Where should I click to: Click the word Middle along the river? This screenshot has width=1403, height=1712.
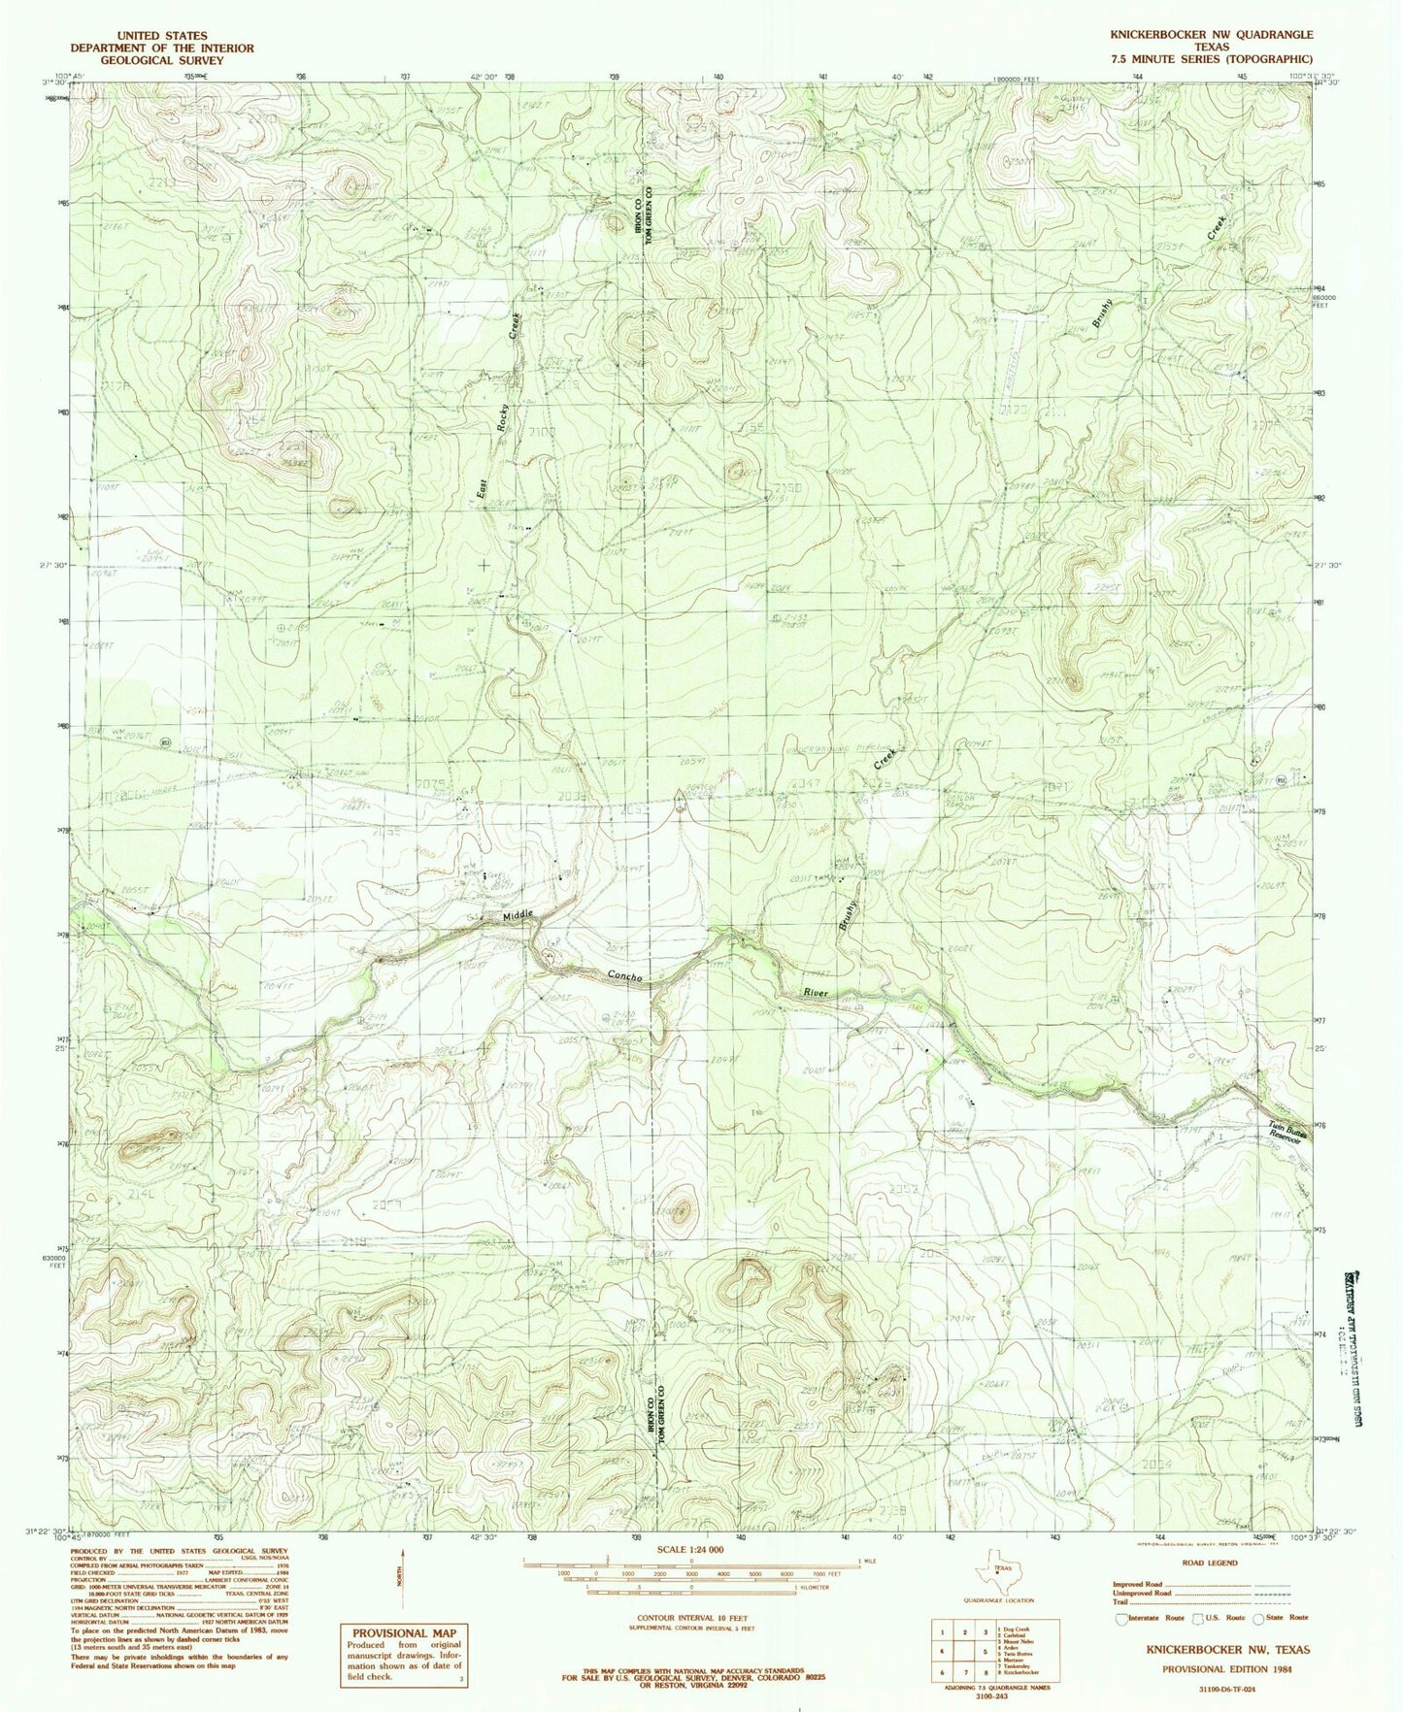[x=518, y=916]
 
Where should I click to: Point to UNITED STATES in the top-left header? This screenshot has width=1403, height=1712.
[x=159, y=35]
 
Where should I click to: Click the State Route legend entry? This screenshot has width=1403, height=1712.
[x=1284, y=1617]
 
